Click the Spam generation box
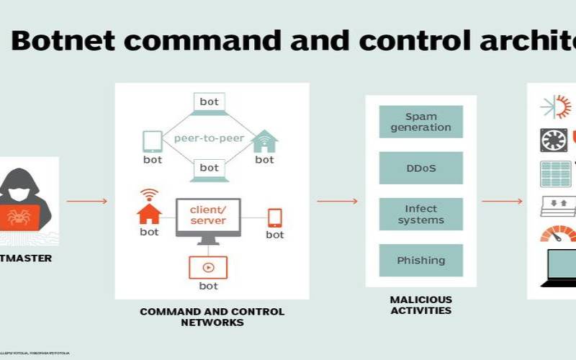(x=420, y=122)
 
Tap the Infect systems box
(x=420, y=214)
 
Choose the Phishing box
(x=420, y=260)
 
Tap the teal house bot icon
(x=264, y=141)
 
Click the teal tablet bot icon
(x=152, y=140)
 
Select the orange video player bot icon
(x=207, y=267)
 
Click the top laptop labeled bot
(x=209, y=104)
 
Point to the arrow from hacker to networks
(x=86, y=201)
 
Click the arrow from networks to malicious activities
(x=337, y=201)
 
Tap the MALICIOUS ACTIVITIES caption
(x=420, y=305)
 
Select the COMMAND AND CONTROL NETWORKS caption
(x=212, y=317)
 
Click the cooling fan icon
(x=553, y=140)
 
